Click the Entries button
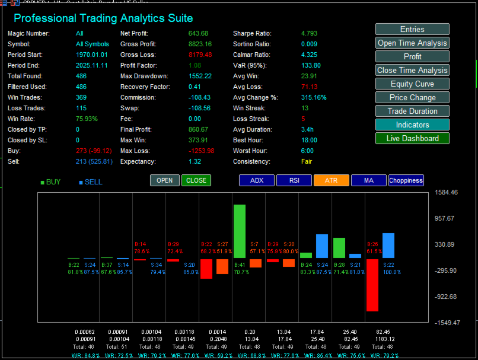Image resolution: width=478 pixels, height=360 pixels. (412, 29)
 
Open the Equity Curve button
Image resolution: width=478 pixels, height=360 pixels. (412, 84)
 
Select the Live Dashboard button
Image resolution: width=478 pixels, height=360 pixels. (412, 138)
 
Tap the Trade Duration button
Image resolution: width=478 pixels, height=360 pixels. (412, 111)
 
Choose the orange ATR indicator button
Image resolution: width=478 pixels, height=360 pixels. (332, 180)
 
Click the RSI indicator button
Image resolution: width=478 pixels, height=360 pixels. (295, 180)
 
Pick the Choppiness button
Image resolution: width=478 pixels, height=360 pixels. (406, 180)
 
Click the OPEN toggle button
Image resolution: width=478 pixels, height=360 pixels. (165, 180)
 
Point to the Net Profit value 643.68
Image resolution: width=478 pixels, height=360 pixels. (198, 33)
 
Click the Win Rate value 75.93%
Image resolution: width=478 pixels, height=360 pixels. (87, 119)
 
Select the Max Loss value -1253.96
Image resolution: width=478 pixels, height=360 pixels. (202, 151)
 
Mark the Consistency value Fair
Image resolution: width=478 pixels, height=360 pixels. (307, 161)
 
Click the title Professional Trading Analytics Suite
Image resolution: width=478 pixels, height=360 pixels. (103, 18)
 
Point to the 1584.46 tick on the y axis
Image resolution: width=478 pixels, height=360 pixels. (446, 193)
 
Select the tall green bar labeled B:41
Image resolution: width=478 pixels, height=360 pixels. (240, 231)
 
